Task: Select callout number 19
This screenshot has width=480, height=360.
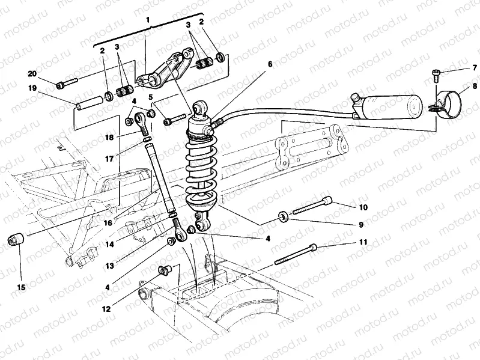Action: (x=32, y=88)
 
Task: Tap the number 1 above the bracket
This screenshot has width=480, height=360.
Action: (x=147, y=20)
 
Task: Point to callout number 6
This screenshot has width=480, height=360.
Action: (x=270, y=64)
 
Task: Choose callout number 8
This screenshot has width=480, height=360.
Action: (x=475, y=86)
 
